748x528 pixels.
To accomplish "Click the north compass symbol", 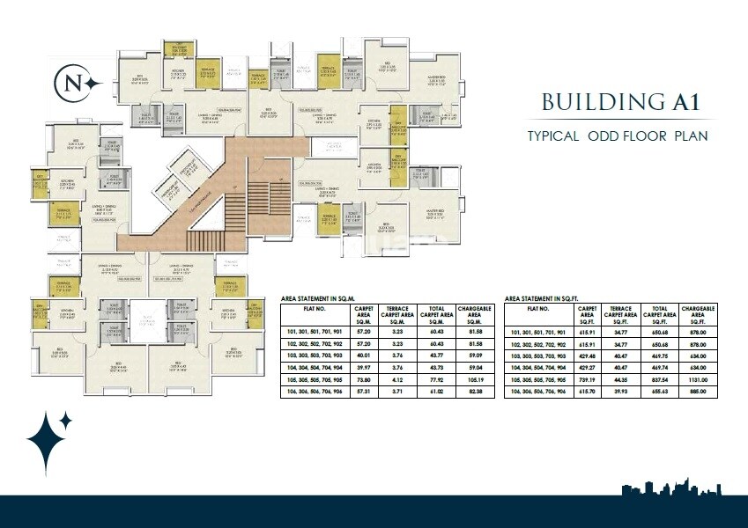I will [74, 83].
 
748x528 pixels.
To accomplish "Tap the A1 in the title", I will [683, 101].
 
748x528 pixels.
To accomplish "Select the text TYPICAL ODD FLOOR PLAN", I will [618, 136].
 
